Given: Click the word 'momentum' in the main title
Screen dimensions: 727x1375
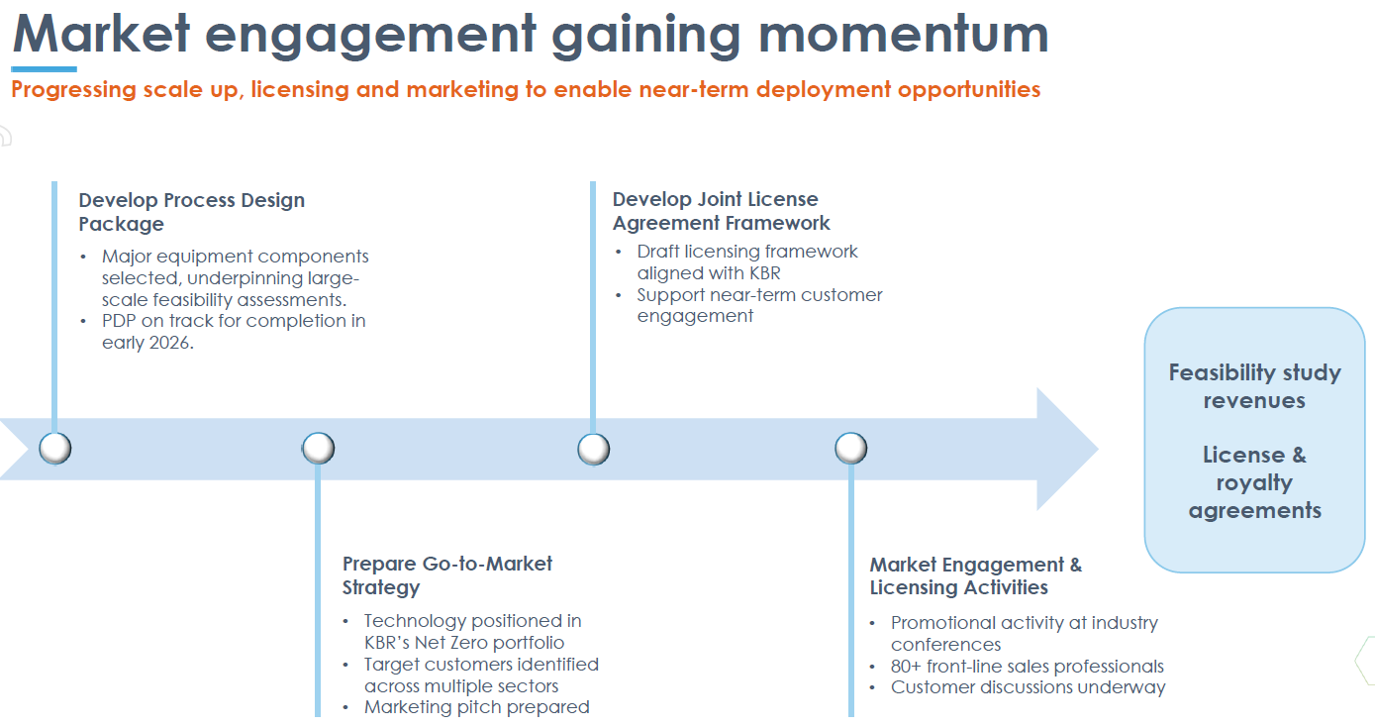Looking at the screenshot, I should pos(904,34).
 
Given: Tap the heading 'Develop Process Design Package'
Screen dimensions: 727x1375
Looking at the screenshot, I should pos(191,212).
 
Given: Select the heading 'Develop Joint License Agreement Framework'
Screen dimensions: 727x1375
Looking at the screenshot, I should pos(721,211).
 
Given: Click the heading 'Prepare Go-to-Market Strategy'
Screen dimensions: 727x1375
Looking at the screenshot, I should pos(446,575).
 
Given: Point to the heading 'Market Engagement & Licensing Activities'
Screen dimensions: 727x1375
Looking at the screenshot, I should pos(975,575).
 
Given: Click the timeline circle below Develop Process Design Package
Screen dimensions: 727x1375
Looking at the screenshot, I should pos(55,449).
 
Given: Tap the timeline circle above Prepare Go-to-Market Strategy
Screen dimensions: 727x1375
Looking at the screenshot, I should pos(318,449).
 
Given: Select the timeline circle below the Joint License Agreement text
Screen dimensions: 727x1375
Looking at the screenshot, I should pos(593,449).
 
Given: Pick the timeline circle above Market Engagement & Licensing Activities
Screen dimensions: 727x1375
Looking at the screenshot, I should pos(850,449).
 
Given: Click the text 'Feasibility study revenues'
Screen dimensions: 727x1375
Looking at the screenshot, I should pos(1254,386).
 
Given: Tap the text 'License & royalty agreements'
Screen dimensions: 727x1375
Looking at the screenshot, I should pos(1254,482).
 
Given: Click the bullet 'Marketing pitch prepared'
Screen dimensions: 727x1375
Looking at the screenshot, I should pos(476,707).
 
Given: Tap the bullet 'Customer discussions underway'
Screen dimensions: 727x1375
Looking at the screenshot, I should pos(1028,687).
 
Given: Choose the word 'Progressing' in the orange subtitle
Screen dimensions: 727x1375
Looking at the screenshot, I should pos(73,90).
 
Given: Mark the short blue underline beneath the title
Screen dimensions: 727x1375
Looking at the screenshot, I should pos(44,69).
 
